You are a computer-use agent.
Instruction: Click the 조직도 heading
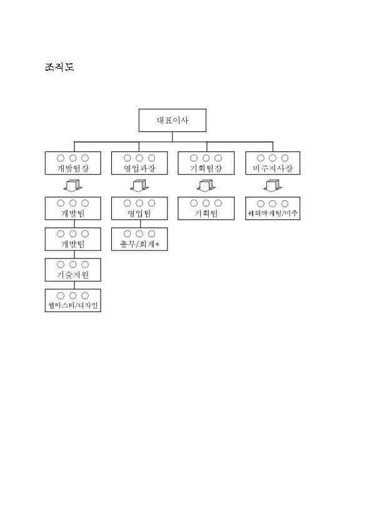coord(59,67)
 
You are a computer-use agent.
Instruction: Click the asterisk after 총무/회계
coord(157,245)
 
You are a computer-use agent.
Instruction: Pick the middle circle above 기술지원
coord(73,265)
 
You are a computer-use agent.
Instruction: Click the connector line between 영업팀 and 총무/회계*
coord(140,224)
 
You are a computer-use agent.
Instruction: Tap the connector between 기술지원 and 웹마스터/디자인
coord(74,285)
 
